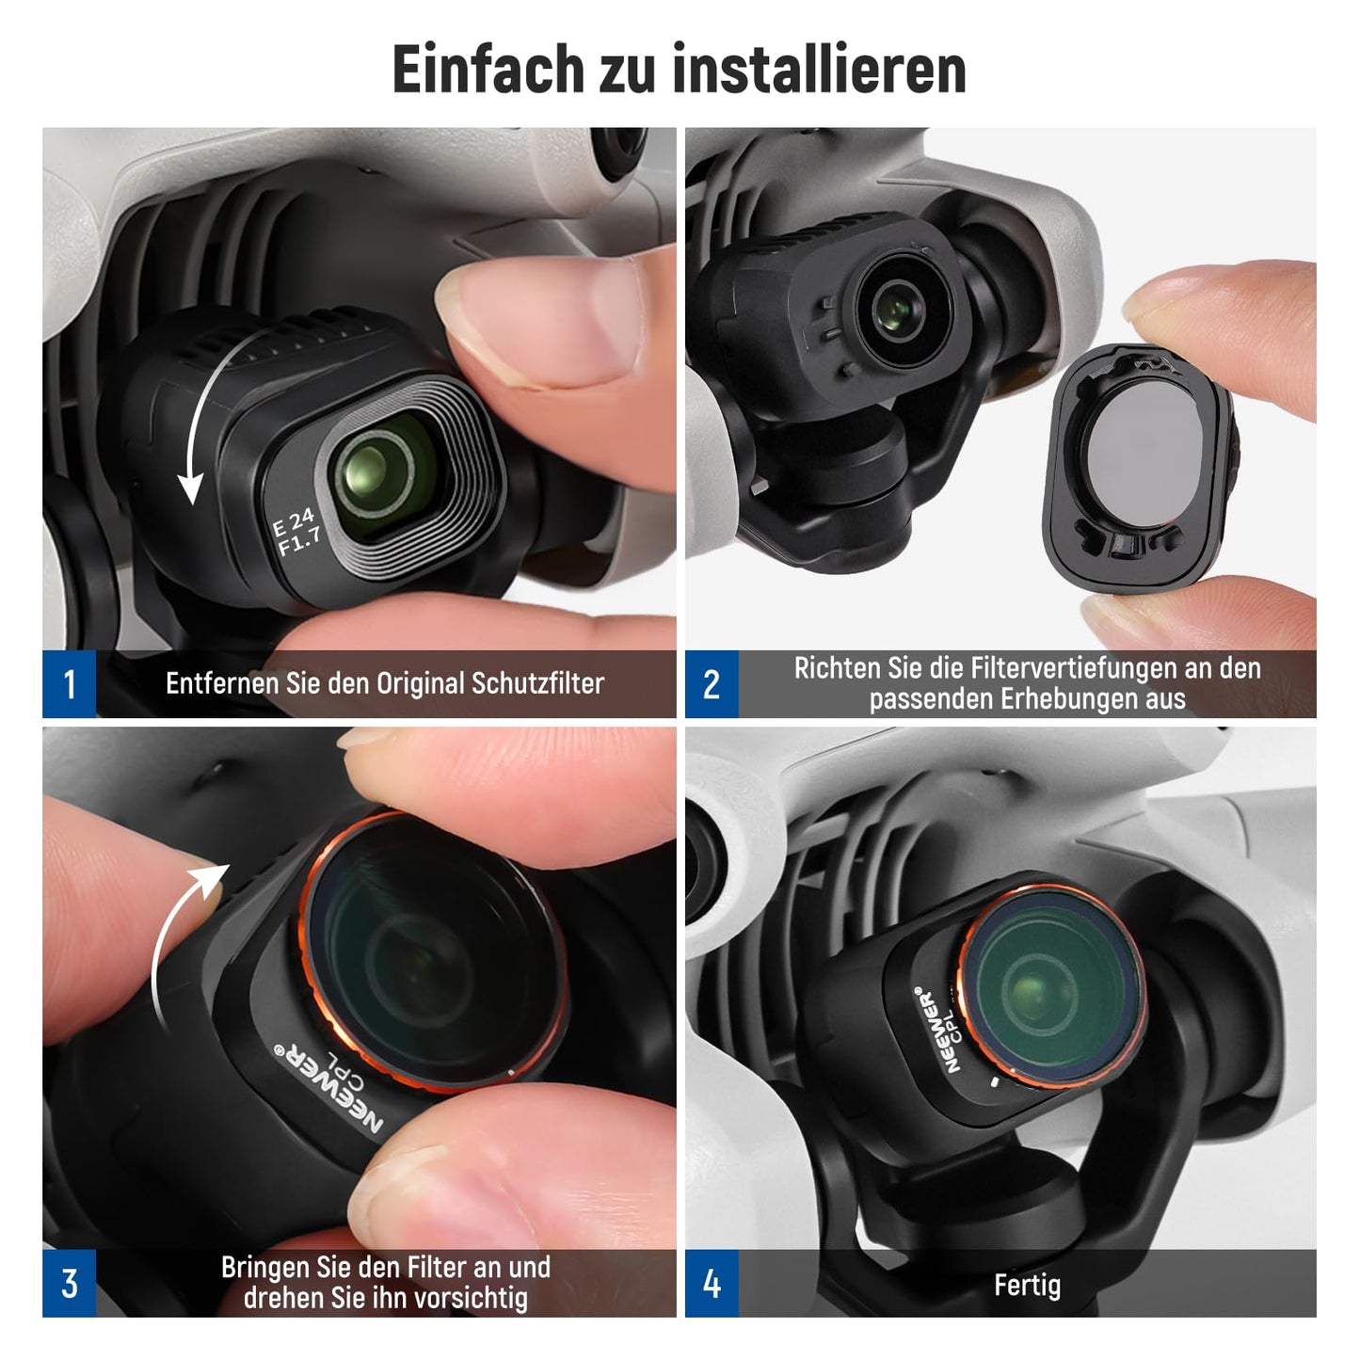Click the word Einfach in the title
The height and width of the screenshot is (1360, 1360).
coord(488,69)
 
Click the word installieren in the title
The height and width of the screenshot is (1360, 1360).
coord(819,69)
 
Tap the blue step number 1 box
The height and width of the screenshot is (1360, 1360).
coord(69,683)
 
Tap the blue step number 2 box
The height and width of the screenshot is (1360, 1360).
coord(712,683)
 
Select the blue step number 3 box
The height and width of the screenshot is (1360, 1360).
coord(69,1283)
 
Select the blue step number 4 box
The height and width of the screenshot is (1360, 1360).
coord(712,1283)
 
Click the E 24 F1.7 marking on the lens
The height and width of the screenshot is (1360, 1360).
coord(297,531)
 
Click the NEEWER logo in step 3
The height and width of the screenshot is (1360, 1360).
coord(330,1091)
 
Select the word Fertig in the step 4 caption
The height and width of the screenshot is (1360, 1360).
coord(1027,1285)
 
